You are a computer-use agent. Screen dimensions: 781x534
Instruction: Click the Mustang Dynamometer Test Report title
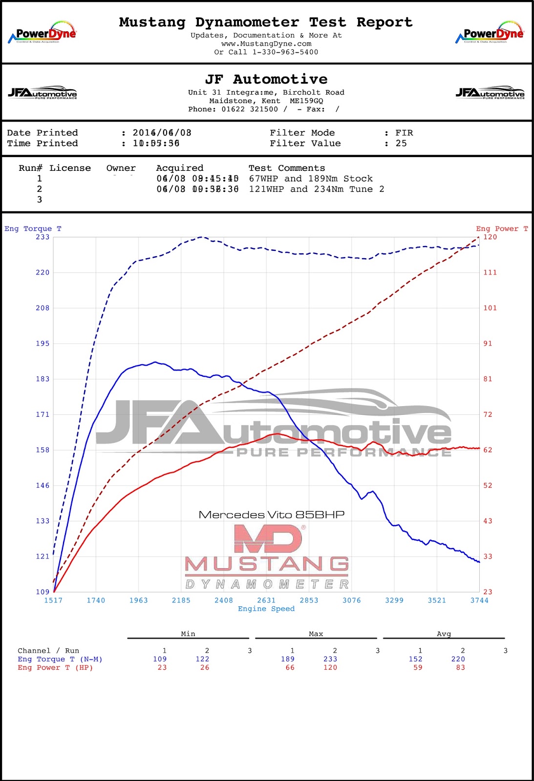click(x=266, y=22)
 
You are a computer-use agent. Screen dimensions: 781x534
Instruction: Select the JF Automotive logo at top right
click(x=490, y=93)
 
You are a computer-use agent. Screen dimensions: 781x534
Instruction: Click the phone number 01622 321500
click(x=250, y=109)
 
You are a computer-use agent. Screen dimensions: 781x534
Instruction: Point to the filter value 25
click(x=401, y=144)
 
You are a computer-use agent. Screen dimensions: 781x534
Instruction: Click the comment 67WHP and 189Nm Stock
click(x=311, y=179)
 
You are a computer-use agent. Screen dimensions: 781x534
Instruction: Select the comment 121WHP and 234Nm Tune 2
click(x=317, y=189)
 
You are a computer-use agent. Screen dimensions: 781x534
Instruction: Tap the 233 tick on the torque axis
click(x=43, y=237)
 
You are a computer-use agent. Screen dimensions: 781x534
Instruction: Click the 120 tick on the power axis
click(x=490, y=237)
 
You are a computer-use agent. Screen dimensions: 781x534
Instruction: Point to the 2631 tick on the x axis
click(x=266, y=600)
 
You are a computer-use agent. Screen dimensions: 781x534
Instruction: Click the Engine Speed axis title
click(x=266, y=609)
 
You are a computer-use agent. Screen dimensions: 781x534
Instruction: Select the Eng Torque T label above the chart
click(x=33, y=229)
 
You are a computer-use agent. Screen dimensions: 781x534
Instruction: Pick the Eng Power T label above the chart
click(x=502, y=229)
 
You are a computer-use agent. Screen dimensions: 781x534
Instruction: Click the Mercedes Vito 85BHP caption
click(x=272, y=515)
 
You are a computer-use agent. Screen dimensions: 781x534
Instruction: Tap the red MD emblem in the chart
click(x=268, y=539)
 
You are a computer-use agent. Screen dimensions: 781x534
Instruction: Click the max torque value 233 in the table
click(x=330, y=659)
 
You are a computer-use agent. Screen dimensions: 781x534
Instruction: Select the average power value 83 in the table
click(x=460, y=668)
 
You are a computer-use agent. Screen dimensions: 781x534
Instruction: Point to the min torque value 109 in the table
click(x=160, y=659)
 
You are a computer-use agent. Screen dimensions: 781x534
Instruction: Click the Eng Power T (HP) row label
click(x=55, y=668)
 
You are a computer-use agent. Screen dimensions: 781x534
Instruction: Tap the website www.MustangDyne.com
click(x=266, y=44)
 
